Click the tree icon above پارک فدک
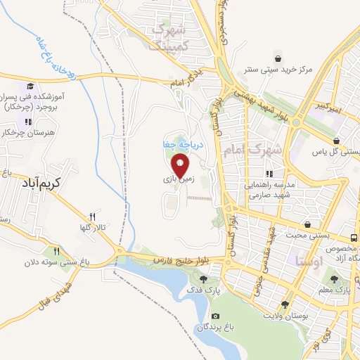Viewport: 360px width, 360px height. (203, 278)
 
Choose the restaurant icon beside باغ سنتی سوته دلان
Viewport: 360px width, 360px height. (58, 250)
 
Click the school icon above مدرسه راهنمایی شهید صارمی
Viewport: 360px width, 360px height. (269, 174)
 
